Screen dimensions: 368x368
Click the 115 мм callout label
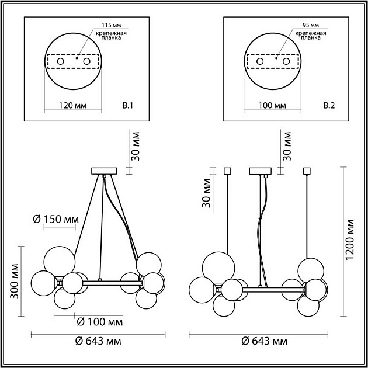111,25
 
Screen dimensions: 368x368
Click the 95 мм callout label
311,25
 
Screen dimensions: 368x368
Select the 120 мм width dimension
72,106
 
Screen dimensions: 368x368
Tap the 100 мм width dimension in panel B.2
272,106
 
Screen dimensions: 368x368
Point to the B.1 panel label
128,106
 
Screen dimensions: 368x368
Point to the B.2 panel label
329,106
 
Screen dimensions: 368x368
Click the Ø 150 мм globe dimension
56,219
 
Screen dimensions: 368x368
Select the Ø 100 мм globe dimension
100,322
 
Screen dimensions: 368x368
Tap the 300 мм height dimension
15,282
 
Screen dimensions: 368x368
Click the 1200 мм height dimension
349,239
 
